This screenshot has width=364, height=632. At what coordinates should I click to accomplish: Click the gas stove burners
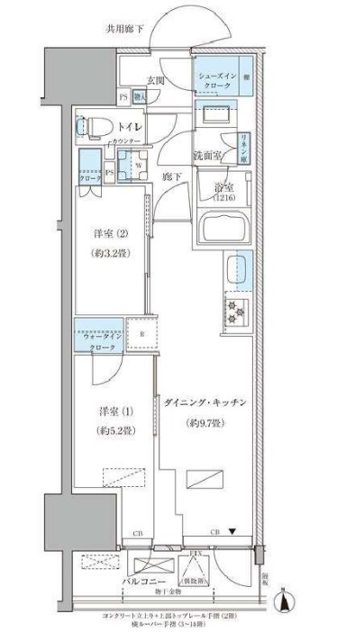(x=237, y=311)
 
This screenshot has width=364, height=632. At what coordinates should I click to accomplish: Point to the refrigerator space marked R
(x=142, y=335)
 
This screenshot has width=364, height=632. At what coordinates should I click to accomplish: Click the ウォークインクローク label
(x=98, y=340)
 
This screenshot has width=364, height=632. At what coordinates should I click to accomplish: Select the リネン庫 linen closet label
(x=243, y=143)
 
